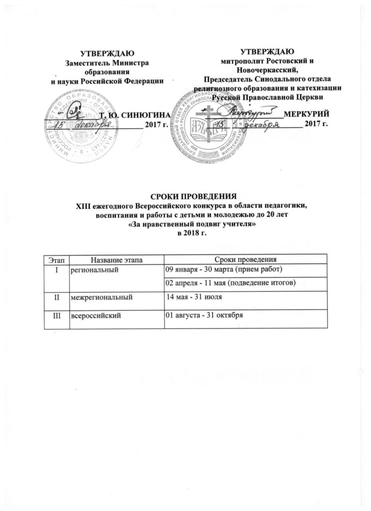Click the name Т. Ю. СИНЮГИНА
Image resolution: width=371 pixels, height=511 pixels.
[x=136, y=115]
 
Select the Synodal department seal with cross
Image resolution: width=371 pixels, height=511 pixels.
[x=209, y=125]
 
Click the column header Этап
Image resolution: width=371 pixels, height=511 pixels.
[x=56, y=259]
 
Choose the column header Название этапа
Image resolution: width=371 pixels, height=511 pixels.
[x=116, y=259]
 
